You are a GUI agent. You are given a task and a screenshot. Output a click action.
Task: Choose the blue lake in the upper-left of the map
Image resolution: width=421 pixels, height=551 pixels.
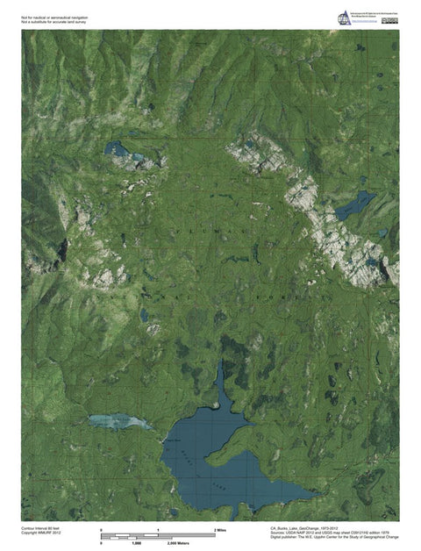pyautogui.click(x=117, y=149)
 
